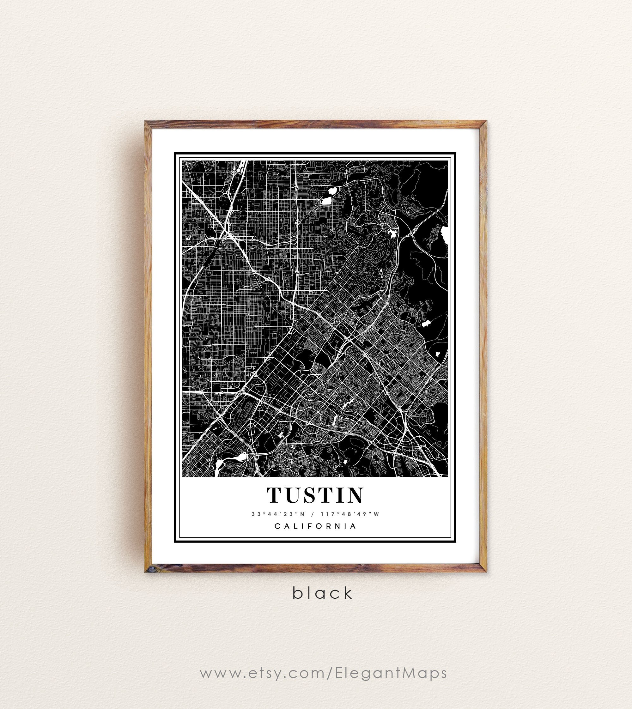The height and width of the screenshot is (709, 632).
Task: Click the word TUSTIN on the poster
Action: coord(315,495)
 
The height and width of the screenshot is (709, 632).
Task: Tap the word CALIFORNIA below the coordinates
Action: coord(316,526)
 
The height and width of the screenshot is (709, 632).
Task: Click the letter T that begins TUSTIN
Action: coord(274,495)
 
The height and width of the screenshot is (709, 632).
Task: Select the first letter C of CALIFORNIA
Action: coord(277,526)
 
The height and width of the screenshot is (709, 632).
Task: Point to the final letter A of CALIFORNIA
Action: coord(354,526)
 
